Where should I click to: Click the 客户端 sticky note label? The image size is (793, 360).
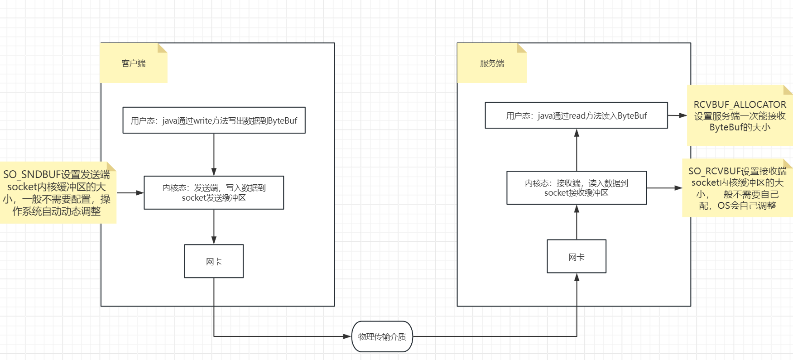(133, 63)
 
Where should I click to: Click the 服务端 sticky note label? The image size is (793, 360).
(492, 63)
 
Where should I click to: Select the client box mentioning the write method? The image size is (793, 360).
(214, 120)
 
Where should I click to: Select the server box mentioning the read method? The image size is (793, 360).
(576, 115)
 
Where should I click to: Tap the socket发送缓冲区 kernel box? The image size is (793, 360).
(214, 192)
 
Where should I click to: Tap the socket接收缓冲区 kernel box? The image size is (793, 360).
(576, 188)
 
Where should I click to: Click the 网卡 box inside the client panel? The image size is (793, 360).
(214, 261)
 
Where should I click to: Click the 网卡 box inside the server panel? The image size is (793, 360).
(576, 257)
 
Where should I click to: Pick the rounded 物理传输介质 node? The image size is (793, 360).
(382, 336)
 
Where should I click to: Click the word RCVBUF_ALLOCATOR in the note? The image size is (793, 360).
(740, 105)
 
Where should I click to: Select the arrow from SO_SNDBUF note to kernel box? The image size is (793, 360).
(130, 193)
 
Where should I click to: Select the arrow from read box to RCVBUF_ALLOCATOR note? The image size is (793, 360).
(677, 115)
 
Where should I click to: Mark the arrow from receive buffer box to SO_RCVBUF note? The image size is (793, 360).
(664, 188)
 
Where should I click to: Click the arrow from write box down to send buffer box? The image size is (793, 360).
(214, 154)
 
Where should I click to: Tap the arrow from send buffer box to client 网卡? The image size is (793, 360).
(214, 226)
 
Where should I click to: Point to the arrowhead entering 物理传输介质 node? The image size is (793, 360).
(347, 336)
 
